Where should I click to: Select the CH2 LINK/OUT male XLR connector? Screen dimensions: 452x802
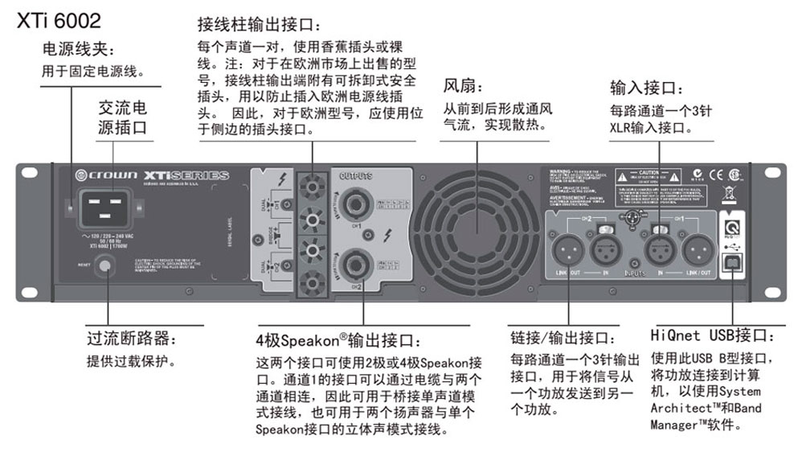(x=566, y=250)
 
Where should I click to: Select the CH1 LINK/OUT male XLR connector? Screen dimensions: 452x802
(x=698, y=250)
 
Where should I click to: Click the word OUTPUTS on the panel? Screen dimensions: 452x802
(x=355, y=175)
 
